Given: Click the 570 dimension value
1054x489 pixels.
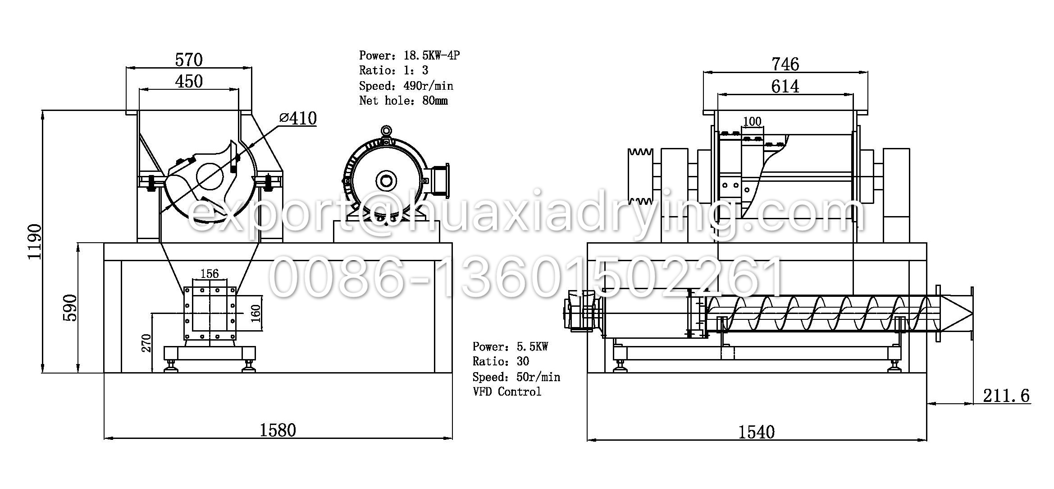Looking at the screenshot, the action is pyautogui.click(x=189, y=60).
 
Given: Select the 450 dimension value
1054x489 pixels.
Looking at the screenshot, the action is pyautogui.click(x=189, y=81).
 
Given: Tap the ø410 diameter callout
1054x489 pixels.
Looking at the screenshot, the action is pyautogui.click(x=298, y=118).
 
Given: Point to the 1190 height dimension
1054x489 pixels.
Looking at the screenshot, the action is pyautogui.click(x=35, y=241).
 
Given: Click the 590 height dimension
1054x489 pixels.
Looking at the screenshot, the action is pyautogui.click(x=70, y=308).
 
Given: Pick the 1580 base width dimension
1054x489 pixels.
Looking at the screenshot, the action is pyautogui.click(x=278, y=430).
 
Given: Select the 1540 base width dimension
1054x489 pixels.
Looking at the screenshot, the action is pyautogui.click(x=756, y=432).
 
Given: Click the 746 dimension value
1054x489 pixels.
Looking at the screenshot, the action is pyautogui.click(x=785, y=64).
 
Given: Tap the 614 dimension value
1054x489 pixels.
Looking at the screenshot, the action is pyautogui.click(x=785, y=86).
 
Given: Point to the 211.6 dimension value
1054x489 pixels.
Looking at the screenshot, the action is pyautogui.click(x=1006, y=396).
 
